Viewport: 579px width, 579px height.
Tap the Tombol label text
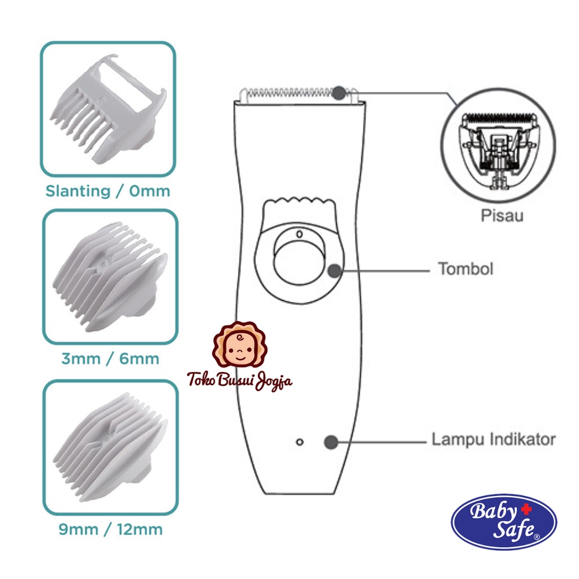[465, 269]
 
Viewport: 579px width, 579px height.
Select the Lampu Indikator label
[494, 439]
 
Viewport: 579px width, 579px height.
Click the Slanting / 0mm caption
[107, 191]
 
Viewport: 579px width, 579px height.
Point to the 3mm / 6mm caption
[110, 358]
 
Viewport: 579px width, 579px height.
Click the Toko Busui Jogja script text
[240, 380]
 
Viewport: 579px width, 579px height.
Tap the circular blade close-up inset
[498, 148]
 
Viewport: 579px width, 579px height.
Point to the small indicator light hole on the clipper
[300, 442]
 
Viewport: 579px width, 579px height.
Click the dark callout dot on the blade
[339, 93]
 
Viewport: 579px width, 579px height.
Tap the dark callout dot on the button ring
[334, 270]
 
